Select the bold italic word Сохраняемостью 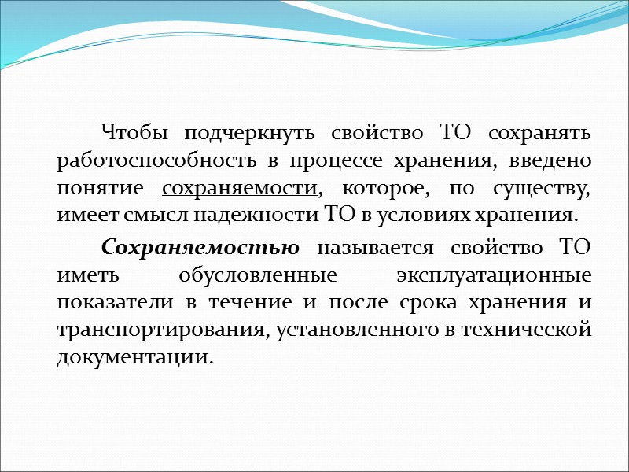(200, 247)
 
